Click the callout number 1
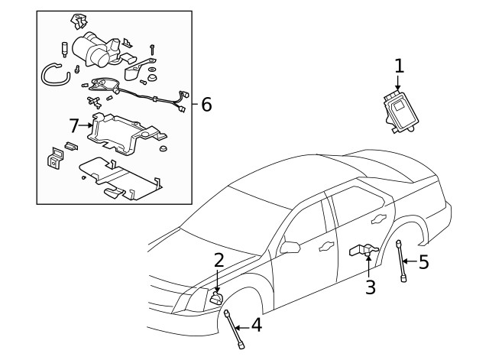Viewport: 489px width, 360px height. point(398,66)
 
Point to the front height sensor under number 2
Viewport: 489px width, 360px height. point(216,298)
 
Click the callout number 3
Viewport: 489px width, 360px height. point(371,287)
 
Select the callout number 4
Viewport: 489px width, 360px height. point(256,326)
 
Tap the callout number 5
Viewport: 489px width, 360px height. point(423,262)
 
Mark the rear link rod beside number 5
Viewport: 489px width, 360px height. point(401,261)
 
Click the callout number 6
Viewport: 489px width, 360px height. point(206,104)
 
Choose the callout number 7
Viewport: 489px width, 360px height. point(74,124)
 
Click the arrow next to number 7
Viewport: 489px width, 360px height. point(87,124)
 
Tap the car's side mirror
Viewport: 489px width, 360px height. point(290,246)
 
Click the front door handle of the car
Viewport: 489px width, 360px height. point(326,245)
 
